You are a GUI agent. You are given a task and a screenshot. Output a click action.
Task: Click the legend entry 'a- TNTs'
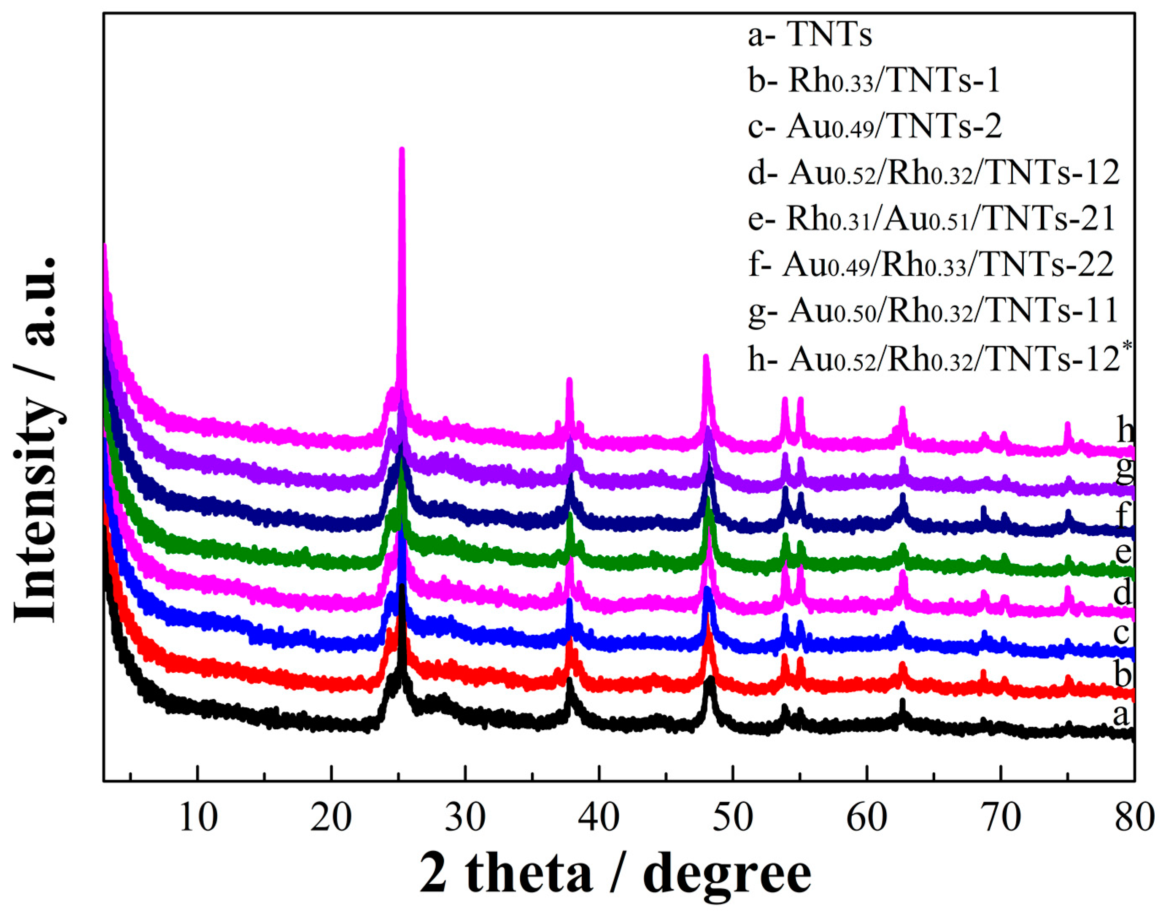tap(810, 35)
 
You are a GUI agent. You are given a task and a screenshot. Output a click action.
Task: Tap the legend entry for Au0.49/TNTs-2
tap(874, 127)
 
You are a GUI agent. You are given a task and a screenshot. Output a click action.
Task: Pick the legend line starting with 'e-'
tap(931, 219)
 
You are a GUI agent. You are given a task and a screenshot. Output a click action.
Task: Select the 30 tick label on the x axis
tap(466, 817)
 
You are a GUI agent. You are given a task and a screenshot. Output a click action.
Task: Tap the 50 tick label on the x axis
tap(733, 817)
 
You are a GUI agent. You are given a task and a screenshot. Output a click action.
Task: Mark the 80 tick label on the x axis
tap(1134, 817)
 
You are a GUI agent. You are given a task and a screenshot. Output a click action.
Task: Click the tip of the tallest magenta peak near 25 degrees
tap(402, 150)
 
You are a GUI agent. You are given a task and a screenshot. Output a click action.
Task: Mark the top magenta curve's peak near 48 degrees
tap(706, 357)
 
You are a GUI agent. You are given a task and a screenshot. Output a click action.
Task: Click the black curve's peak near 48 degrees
tap(710, 679)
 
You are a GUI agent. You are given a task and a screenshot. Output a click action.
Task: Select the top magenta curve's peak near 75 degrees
tap(1067, 425)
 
